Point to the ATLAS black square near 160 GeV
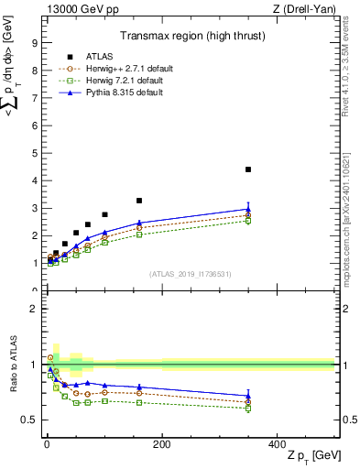139,201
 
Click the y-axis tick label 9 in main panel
34,42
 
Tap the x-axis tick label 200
161,444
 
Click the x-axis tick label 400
277,444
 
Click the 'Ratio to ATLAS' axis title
11,365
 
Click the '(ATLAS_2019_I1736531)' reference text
190,274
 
